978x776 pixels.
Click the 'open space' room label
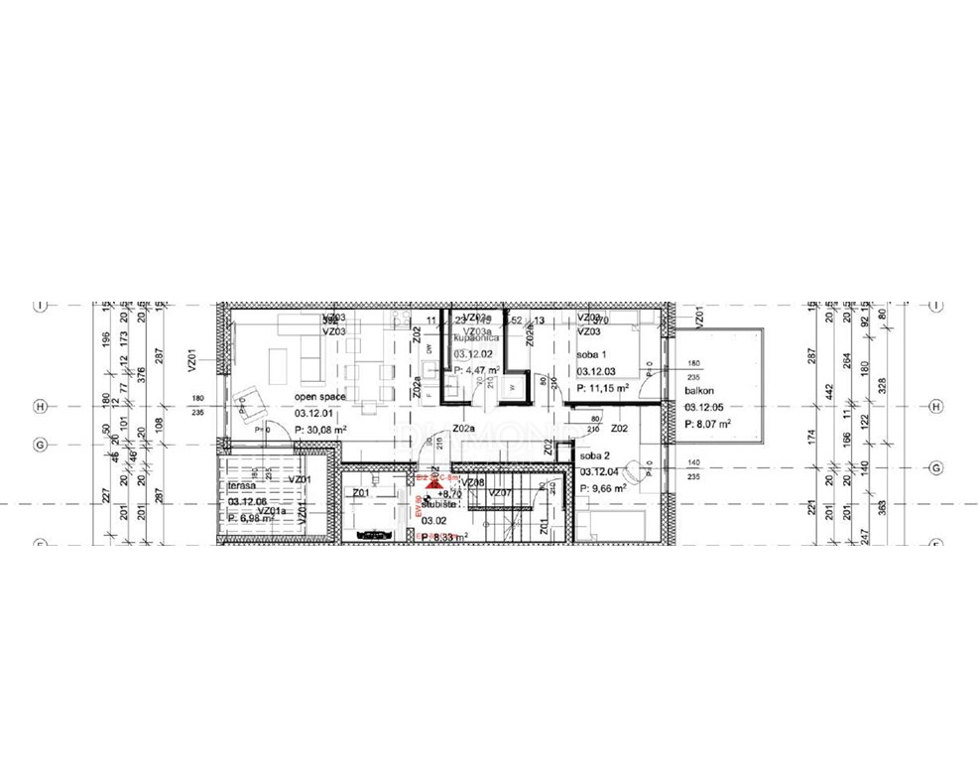coord(319,397)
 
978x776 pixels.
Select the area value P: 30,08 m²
coord(319,429)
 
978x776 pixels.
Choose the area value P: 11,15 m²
coord(602,389)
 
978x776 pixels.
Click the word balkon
coord(699,391)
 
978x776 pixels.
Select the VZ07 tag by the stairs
coord(500,493)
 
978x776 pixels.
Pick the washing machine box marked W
coord(512,386)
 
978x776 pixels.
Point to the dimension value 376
coord(142,374)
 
